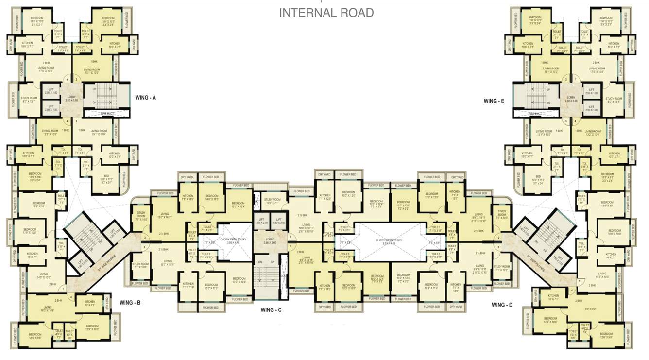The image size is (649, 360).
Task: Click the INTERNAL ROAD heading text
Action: (326, 13)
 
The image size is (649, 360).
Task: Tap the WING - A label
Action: (146, 97)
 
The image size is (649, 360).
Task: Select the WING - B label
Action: (130, 302)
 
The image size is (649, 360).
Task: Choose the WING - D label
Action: (502, 305)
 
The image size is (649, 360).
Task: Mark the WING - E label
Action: (496, 101)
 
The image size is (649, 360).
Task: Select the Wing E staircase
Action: (537, 96)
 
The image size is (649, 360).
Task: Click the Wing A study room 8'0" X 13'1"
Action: (29, 99)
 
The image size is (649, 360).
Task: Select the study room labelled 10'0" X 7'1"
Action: (272, 201)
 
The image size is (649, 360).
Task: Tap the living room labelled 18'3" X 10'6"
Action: (48, 309)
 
